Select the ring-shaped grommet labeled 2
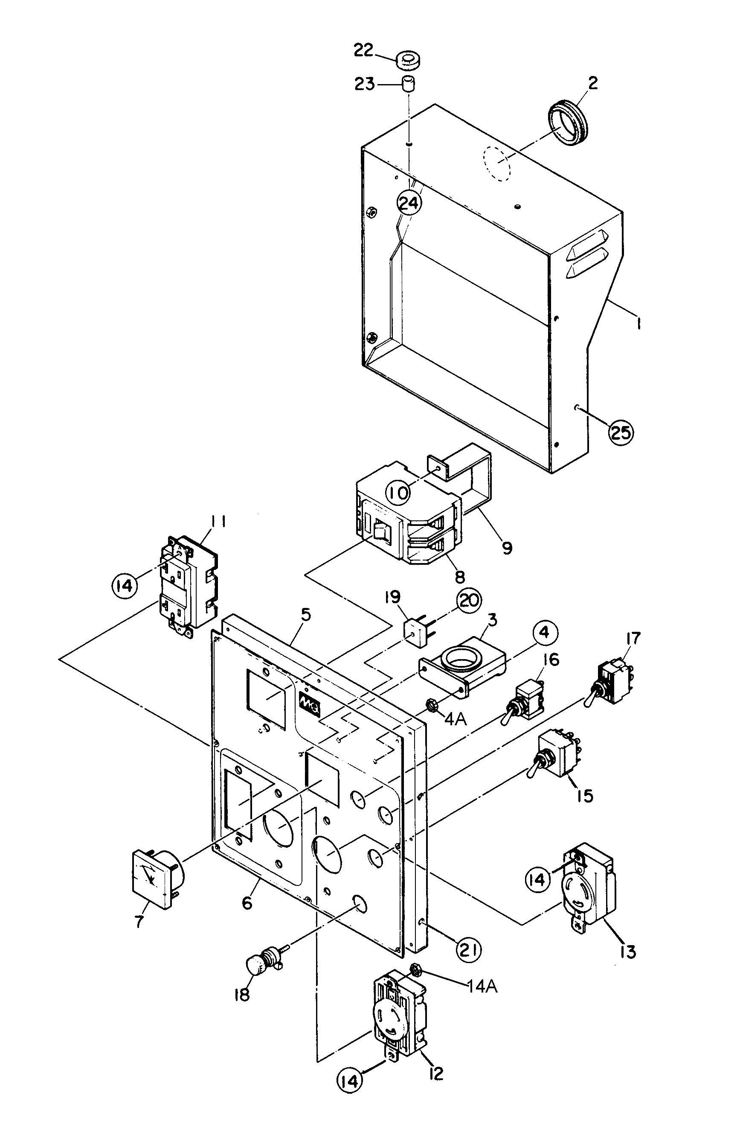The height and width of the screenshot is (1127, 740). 568,122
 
